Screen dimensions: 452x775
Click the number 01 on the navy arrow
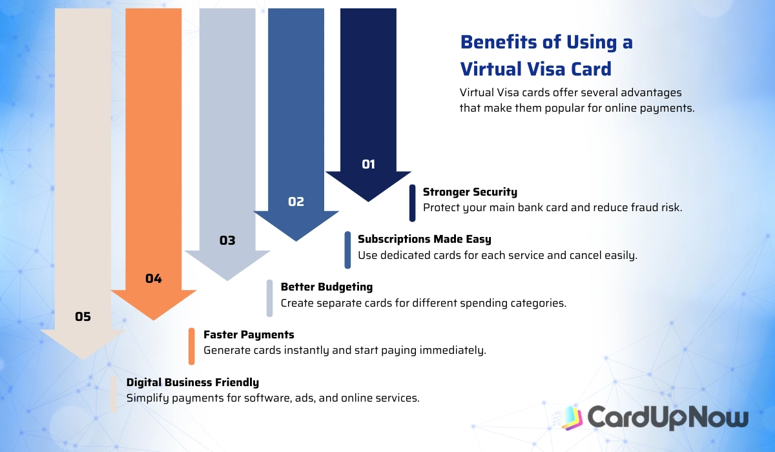[368, 164]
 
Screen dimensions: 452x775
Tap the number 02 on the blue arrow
[296, 201]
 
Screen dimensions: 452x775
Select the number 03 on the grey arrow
[227, 241]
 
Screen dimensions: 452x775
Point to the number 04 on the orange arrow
[153, 279]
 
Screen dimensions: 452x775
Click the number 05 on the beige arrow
[83, 316]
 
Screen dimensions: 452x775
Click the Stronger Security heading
[470, 192]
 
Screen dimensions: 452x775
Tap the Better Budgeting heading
[326, 287]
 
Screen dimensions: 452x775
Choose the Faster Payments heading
[249, 334]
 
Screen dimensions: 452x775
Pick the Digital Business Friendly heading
[192, 382]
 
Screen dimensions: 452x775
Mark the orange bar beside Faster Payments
[192, 346]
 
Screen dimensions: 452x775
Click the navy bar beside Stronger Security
[413, 203]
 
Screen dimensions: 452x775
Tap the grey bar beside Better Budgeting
[269, 298]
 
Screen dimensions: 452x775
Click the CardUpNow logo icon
[572, 418]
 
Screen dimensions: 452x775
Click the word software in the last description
[267, 398]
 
